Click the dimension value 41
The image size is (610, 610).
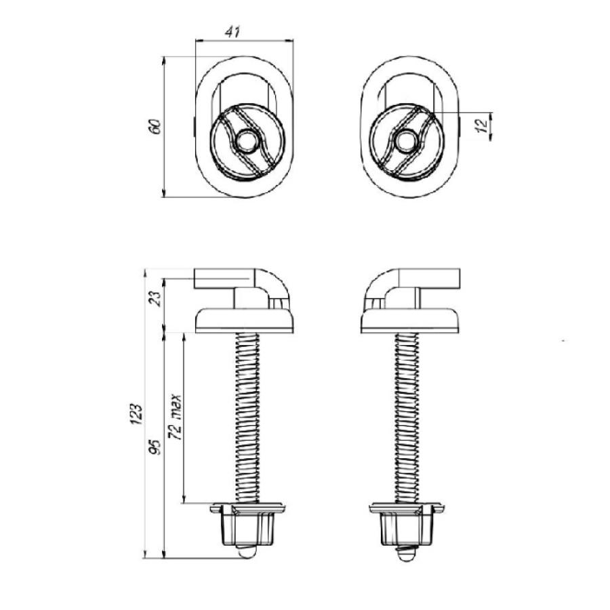click(x=232, y=32)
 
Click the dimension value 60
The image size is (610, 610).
click(x=155, y=127)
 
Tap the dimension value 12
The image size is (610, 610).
click(x=482, y=125)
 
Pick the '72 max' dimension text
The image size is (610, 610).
click(x=176, y=417)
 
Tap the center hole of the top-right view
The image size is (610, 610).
click(x=406, y=142)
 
